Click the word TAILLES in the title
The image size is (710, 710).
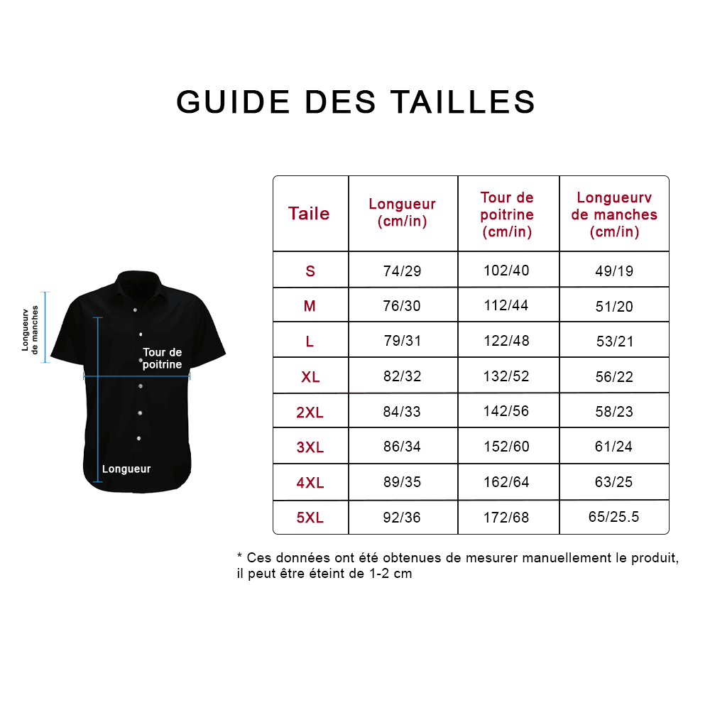coord(463,102)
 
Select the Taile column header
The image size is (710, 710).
coord(309,214)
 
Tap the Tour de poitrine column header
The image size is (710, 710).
coord(507,214)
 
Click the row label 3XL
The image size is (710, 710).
coord(310,447)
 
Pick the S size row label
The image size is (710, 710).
coord(310,271)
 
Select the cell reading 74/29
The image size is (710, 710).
coord(402,271)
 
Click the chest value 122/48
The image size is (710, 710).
coord(506,341)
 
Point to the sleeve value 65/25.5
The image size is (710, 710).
coord(614,517)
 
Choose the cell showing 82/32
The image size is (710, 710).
coord(402,376)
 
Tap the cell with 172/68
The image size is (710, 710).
coord(506,518)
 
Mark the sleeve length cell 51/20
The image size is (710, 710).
coord(614,307)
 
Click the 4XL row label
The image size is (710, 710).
coord(310,483)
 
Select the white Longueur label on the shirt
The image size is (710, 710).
coord(126,469)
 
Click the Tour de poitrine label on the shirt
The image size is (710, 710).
coord(162,359)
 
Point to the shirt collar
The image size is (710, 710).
coord(137,280)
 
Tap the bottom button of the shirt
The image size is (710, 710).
coord(139,438)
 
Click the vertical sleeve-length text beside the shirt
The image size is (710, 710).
coord(30,328)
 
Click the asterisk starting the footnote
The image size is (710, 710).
coord(240,557)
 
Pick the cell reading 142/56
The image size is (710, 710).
coord(506,411)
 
